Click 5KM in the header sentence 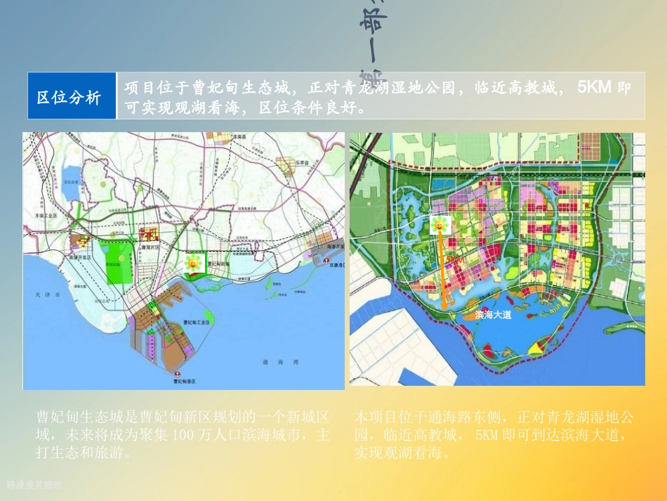coord(594,89)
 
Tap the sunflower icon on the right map coord(440,226)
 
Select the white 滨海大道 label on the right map coord(494,315)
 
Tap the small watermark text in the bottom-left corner coord(34,485)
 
